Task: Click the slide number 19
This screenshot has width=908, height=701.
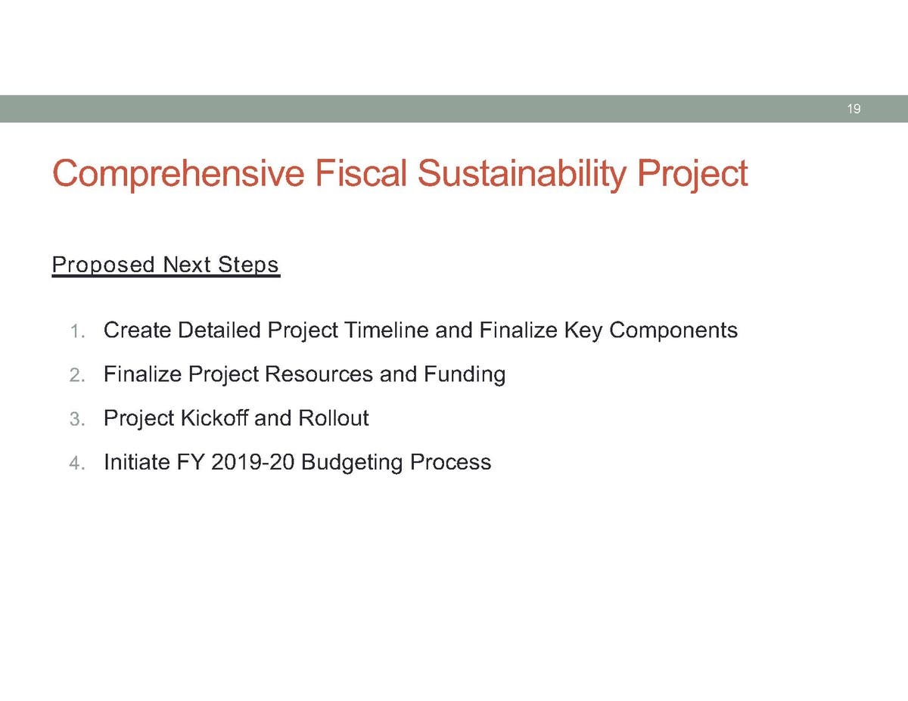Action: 854,109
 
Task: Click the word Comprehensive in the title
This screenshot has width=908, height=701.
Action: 179,174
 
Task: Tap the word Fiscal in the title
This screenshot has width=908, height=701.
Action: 360,172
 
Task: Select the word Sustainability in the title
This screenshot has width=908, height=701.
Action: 521,174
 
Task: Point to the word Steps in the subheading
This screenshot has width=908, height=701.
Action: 248,265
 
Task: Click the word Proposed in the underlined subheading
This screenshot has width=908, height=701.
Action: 104,265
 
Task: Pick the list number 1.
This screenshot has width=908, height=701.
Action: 77,332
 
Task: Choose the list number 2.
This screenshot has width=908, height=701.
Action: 77,376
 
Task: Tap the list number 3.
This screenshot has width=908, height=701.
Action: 77,420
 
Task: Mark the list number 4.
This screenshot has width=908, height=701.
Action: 77,464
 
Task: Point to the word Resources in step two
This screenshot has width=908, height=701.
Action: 319,374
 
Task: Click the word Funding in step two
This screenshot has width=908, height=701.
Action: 465,375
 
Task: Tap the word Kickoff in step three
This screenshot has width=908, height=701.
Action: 214,418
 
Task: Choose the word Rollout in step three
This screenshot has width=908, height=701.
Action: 334,418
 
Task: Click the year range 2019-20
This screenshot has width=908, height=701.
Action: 253,462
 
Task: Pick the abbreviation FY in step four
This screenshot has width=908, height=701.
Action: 191,462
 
